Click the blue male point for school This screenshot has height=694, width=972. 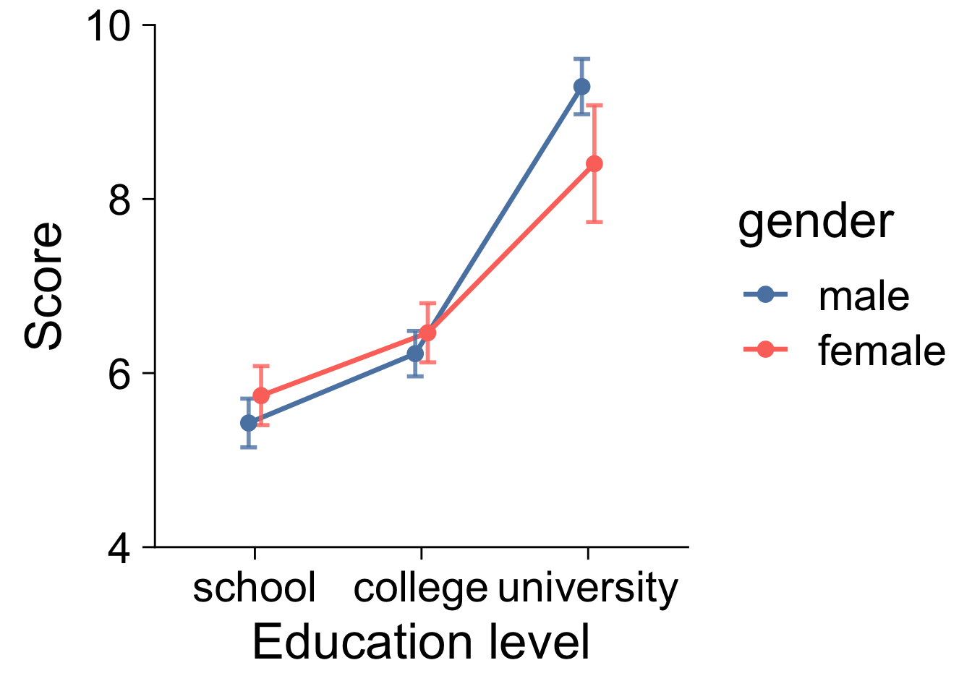pyautogui.click(x=248, y=422)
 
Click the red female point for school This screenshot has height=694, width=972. pyautogui.click(x=261, y=395)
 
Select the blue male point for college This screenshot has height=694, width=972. pyautogui.click(x=415, y=354)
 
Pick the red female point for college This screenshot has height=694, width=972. pyautogui.click(x=427, y=333)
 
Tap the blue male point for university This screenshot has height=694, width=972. pyautogui.click(x=581, y=87)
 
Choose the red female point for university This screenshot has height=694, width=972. pyautogui.click(x=594, y=164)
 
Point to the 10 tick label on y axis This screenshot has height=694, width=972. pyautogui.click(x=108, y=26)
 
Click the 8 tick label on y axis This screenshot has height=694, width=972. pyautogui.click(x=120, y=200)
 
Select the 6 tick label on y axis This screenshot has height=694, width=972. pyautogui.click(x=120, y=374)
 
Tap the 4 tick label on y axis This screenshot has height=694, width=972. pyautogui.click(x=120, y=549)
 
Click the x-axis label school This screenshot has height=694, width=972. pyautogui.click(x=255, y=588)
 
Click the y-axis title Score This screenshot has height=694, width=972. pyautogui.click(x=43, y=286)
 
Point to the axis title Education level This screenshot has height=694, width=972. pyautogui.click(x=421, y=643)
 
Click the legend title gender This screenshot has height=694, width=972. pyautogui.click(x=816, y=221)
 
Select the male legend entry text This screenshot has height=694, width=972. pyautogui.click(x=864, y=296)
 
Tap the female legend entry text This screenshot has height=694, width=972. pyautogui.click(x=882, y=351)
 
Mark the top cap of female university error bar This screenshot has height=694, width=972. pyautogui.click(x=594, y=105)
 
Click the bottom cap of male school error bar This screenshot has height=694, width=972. pyautogui.click(x=248, y=447)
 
